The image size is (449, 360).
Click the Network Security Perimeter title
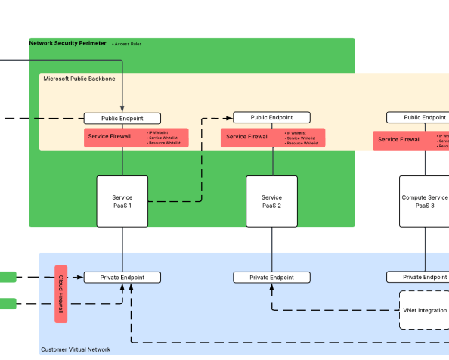pyautogui.click(x=68, y=43)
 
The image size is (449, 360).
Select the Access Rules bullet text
pyautogui.click(x=127, y=44)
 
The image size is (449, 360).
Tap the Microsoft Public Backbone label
pyautogui.click(x=79, y=79)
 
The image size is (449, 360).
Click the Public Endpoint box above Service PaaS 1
pyautogui.click(x=122, y=118)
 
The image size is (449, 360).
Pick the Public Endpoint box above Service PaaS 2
pyautogui.click(x=272, y=117)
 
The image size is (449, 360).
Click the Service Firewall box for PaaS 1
pyautogui.click(x=110, y=137)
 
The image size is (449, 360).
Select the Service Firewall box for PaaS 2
pyautogui.click(x=247, y=137)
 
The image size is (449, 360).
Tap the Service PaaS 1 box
pyautogui.click(x=122, y=201)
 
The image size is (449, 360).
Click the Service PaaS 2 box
pyautogui.click(x=272, y=201)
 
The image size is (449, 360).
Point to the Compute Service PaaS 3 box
pyautogui.click(x=424, y=201)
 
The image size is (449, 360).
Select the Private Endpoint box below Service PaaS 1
pyautogui.click(x=122, y=278)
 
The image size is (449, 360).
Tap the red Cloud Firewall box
pyautogui.click(x=61, y=293)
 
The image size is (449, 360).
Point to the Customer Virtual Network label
pyautogui.click(x=76, y=349)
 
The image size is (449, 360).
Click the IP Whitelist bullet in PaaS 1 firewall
pyautogui.click(x=158, y=132)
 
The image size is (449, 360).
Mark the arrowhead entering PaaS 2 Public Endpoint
pyautogui.click(x=230, y=118)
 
